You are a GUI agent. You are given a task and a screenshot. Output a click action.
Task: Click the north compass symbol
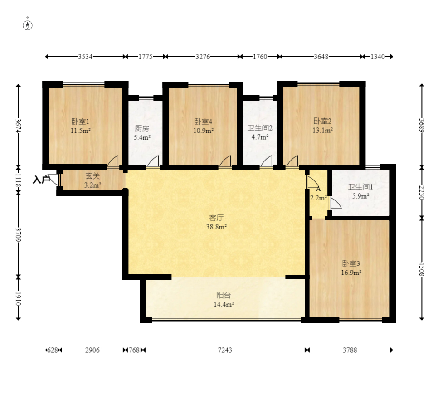(x=27, y=24)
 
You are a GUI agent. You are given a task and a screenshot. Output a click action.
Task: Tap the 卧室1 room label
(x=80, y=122)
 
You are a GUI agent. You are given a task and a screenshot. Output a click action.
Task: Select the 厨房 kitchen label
(x=142, y=128)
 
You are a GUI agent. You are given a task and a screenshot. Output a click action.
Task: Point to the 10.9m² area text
(x=203, y=131)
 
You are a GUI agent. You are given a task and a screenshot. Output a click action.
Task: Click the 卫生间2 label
(x=260, y=128)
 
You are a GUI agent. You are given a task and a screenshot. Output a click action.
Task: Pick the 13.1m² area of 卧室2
(x=322, y=130)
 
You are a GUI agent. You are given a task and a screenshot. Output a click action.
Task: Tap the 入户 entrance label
(x=41, y=180)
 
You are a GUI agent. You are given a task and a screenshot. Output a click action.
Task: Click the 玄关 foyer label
(x=92, y=176)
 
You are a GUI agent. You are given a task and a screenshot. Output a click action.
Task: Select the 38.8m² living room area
(x=216, y=227)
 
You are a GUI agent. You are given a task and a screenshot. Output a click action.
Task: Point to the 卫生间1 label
(x=360, y=187)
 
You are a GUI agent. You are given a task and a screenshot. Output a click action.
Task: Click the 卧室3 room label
(x=351, y=263)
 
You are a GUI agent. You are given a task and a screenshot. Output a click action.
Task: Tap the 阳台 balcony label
(x=224, y=295)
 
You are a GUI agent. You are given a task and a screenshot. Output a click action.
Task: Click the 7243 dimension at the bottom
(x=225, y=350)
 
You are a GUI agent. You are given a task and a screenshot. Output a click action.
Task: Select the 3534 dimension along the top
(x=85, y=57)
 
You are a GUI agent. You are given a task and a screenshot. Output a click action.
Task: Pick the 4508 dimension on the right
(x=422, y=268)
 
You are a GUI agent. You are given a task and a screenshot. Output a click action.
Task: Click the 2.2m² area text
(x=318, y=198)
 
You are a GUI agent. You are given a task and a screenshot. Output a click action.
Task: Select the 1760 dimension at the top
(x=260, y=57)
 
